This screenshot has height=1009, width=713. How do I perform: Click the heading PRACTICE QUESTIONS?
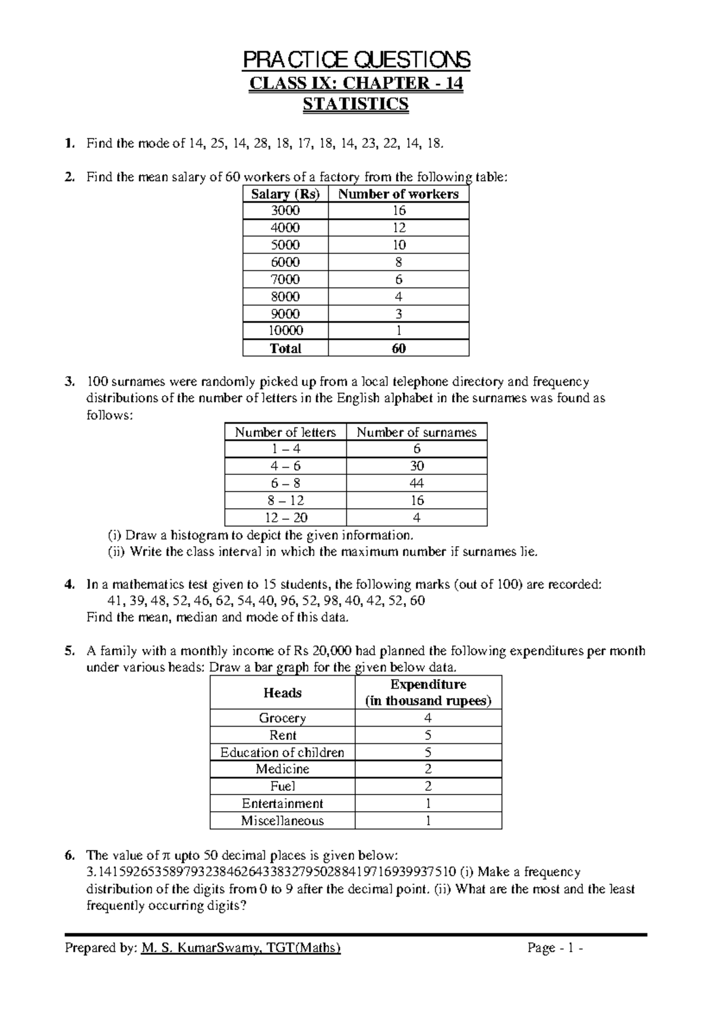[356, 60]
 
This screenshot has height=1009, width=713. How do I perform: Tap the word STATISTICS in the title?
[356, 104]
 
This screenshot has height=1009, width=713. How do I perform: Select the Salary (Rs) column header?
[285, 194]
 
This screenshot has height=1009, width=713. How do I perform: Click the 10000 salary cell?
[285, 331]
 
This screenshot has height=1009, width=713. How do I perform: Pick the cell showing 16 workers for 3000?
[399, 211]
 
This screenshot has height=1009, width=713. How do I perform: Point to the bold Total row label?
[285, 349]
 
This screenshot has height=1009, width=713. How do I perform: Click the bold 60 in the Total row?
[399, 349]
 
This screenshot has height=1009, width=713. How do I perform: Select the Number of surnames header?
[416, 433]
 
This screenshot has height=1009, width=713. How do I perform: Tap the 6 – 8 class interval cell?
[285, 484]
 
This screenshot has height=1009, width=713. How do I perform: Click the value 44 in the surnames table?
[416, 484]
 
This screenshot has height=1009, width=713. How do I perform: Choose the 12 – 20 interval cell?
[285, 518]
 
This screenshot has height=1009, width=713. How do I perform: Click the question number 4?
[70, 585]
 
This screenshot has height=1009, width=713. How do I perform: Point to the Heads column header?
[282, 693]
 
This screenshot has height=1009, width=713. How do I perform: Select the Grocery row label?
[282, 718]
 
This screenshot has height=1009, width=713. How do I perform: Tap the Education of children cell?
[282, 752]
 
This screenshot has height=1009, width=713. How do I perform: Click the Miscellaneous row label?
[282, 821]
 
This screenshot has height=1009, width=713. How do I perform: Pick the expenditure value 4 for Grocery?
[428, 718]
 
